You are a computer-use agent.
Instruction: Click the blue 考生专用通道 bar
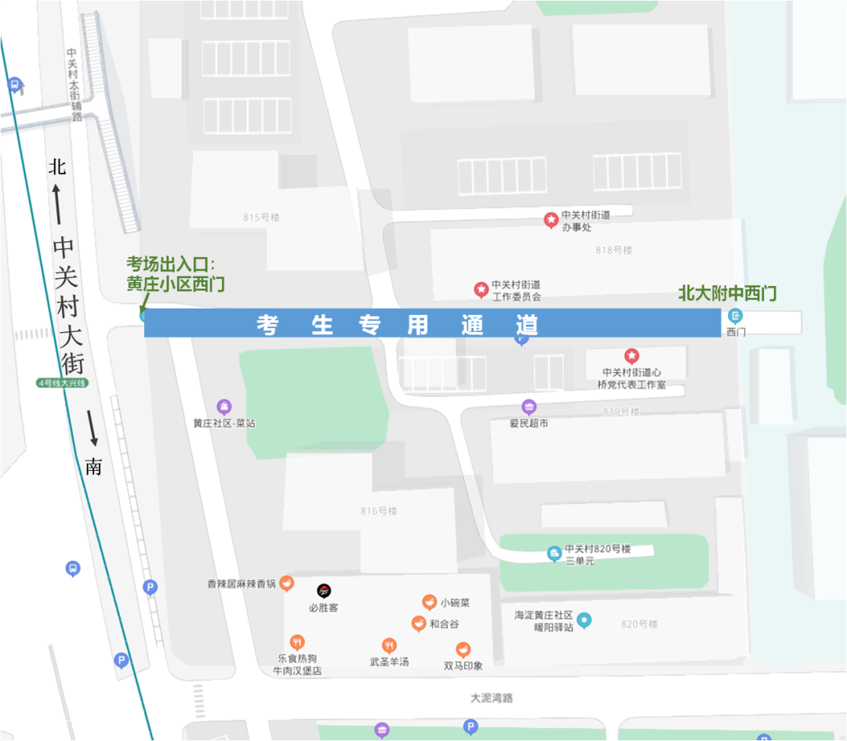[x=431, y=323]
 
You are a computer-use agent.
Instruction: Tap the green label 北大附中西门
[x=727, y=295]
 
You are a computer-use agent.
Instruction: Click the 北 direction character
[x=57, y=167]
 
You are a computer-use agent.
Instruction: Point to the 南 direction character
[x=93, y=468]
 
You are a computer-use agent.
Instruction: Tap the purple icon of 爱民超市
[x=529, y=407]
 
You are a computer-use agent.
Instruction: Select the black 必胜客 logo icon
[x=323, y=591]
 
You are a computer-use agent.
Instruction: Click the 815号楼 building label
[x=261, y=217]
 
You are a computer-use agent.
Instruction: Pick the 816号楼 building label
[x=379, y=511]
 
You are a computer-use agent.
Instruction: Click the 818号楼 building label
[x=613, y=250]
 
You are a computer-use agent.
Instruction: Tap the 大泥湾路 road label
[x=492, y=698]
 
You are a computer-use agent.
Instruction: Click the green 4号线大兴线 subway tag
[x=64, y=383]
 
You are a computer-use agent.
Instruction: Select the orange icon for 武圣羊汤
[x=389, y=645]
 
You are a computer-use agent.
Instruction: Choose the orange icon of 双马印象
[x=463, y=649]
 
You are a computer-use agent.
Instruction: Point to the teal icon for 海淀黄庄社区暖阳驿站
[x=583, y=620]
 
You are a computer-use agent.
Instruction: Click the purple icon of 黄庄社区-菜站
[x=224, y=407]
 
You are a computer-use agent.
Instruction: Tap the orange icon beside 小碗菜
[x=429, y=602]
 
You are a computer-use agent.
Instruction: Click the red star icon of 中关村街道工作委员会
[x=481, y=290]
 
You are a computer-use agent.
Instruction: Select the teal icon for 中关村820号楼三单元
[x=554, y=554]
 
